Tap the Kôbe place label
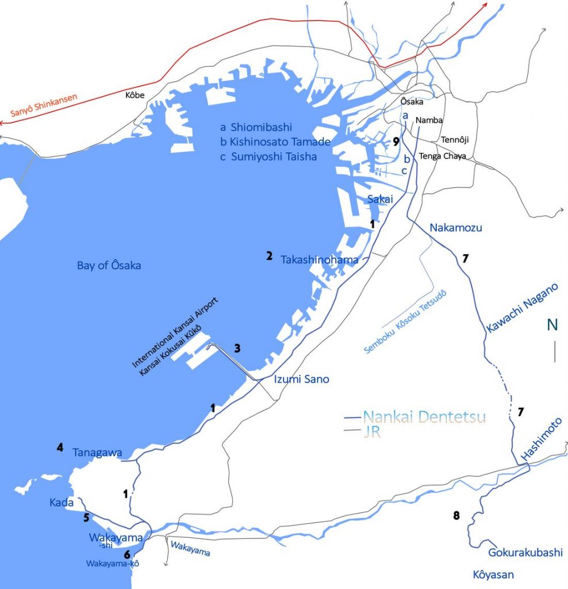(135, 95)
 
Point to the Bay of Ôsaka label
(109, 266)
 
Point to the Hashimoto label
(541, 445)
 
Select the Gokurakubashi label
(525, 553)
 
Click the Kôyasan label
(493, 574)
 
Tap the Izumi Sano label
(297, 379)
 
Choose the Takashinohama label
(319, 260)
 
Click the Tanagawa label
(97, 453)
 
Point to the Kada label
(62, 503)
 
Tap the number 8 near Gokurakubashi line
(456, 515)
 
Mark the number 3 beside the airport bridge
(237, 348)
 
